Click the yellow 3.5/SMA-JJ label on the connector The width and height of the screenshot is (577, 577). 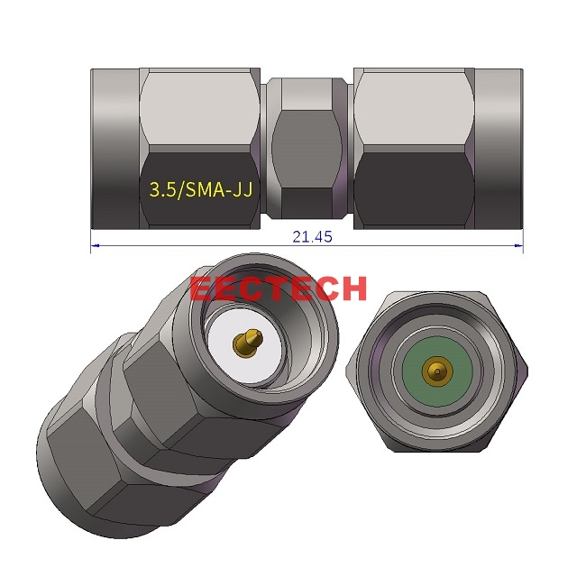click(197, 189)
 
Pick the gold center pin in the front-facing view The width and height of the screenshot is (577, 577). click(435, 370)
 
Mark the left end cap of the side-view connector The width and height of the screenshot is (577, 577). click(113, 149)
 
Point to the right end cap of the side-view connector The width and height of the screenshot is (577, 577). click(499, 149)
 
